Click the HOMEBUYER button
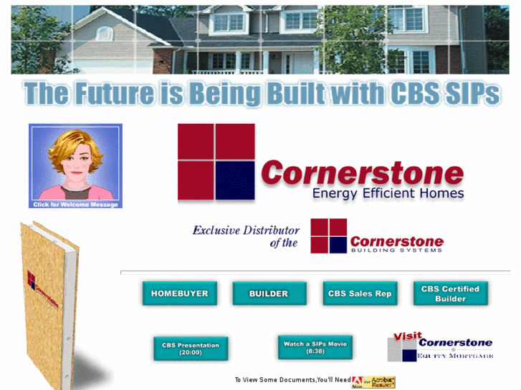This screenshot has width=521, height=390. point(179,293)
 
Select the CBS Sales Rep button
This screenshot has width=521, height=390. point(360,293)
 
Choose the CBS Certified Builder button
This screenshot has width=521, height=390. point(450,293)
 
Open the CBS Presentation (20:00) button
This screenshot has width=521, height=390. point(191,348)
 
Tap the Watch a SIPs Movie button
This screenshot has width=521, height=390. point(315,348)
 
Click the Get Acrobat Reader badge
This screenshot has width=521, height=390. point(373,382)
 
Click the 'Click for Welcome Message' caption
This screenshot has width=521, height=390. point(75,205)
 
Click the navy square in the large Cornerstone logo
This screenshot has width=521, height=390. point(235,181)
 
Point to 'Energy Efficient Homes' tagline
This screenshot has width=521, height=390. point(388,192)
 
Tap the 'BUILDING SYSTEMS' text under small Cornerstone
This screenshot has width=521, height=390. point(396,250)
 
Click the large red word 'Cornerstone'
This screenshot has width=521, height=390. point(362,172)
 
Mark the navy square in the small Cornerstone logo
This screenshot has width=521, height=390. point(338,245)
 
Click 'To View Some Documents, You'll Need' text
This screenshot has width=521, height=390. point(292,380)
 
